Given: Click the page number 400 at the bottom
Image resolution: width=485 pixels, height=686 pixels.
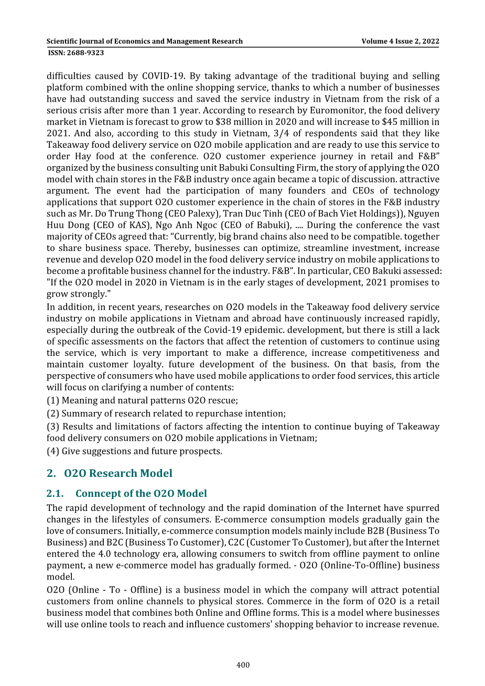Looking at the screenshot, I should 243,665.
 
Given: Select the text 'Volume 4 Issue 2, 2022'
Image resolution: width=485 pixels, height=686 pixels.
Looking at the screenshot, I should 400,41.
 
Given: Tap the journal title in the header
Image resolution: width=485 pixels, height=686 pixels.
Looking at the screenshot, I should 144,41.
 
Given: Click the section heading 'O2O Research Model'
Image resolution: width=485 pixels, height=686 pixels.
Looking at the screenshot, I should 118,473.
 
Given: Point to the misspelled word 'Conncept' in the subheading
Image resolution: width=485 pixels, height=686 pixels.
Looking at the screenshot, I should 95,494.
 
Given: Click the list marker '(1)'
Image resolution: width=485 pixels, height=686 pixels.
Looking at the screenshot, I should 52,400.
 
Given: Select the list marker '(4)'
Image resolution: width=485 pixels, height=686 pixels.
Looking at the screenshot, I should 52,451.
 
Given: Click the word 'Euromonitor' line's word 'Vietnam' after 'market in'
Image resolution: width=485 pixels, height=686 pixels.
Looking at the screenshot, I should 91,122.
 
